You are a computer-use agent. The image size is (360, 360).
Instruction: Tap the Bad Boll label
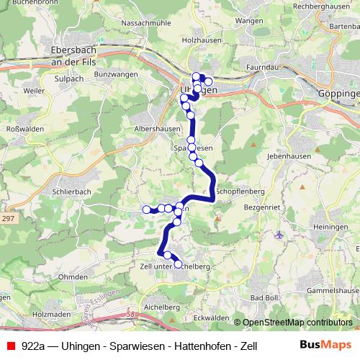(x=265, y=297)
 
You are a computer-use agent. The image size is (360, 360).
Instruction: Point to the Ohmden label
(x=73, y=276)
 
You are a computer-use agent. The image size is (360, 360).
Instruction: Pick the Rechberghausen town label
(x=320, y=6)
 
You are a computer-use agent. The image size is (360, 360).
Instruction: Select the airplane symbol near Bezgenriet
(x=279, y=235)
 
